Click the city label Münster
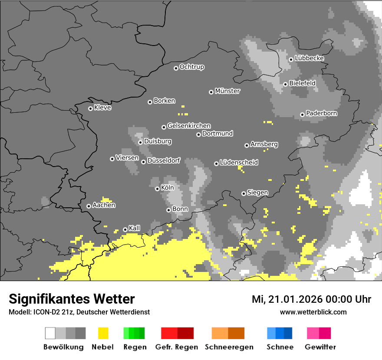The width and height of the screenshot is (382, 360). coord(227,91)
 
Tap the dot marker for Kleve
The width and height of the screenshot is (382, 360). coord(90,108)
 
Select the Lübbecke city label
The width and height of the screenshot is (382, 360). coord(309,58)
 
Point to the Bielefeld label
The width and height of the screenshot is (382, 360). coord(302,83)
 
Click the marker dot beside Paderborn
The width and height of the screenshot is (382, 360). coord(302,115)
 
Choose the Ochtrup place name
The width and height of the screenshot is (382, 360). coord(191,67)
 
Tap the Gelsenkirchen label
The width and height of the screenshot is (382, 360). coord(189,126)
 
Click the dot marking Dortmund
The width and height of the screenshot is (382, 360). coord(198,134)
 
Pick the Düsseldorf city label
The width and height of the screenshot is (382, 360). coord(164,160)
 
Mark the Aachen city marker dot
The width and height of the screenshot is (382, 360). coord(89,206)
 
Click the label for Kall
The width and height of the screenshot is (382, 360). coord(134,228)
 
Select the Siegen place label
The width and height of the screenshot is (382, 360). coord(257,192)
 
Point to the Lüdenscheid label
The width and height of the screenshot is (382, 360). coord(239,162)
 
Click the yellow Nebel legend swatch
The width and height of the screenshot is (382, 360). coord(103,333)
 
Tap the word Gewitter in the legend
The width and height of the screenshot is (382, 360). coord(320,347)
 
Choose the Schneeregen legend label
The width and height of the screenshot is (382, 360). coord(229,347)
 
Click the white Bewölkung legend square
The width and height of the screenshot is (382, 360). coord(50,333)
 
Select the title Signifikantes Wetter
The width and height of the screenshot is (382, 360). coord(72,299)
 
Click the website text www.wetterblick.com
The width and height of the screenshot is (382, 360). coord(313,312)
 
